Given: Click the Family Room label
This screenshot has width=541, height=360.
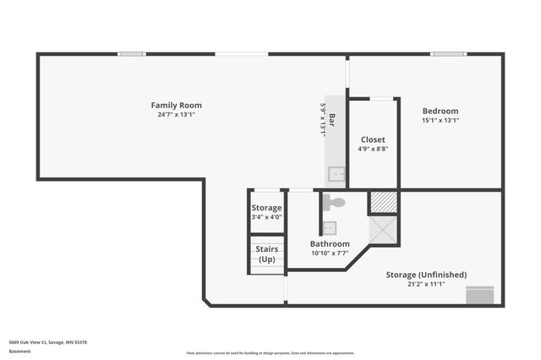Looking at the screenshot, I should pyautogui.click(x=176, y=106).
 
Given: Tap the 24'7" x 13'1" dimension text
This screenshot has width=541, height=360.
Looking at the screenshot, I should pyautogui.click(x=176, y=115).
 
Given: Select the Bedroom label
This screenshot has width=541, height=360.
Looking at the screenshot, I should pyautogui.click(x=440, y=111).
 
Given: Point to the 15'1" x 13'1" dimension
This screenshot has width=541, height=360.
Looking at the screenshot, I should pyautogui.click(x=440, y=120).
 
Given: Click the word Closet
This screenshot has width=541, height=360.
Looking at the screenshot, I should pyautogui.click(x=373, y=139).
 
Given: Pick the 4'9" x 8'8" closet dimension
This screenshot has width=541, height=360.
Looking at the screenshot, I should pyautogui.click(x=373, y=149).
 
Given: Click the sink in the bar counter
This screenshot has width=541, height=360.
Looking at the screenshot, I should pyautogui.click(x=337, y=174).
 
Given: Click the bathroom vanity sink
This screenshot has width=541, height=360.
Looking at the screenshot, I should pyautogui.click(x=329, y=227).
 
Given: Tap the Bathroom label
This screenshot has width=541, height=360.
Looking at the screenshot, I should pyautogui.click(x=330, y=243).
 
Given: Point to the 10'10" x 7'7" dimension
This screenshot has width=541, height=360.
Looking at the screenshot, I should pyautogui.click(x=330, y=253).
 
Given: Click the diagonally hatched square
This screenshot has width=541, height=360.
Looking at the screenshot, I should pyautogui.click(x=384, y=202).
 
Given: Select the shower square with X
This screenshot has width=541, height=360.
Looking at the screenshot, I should pyautogui.click(x=384, y=230).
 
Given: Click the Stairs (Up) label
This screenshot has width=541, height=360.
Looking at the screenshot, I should pyautogui.click(x=267, y=254).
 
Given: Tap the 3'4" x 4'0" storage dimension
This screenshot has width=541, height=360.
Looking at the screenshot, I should pyautogui.click(x=266, y=217).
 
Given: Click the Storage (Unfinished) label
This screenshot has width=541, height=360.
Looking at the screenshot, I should pyautogui.click(x=426, y=275).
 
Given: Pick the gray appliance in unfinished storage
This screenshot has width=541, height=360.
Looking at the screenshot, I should pyautogui.click(x=479, y=295).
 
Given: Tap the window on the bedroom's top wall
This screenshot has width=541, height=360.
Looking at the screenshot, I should pyautogui.click(x=448, y=54).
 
